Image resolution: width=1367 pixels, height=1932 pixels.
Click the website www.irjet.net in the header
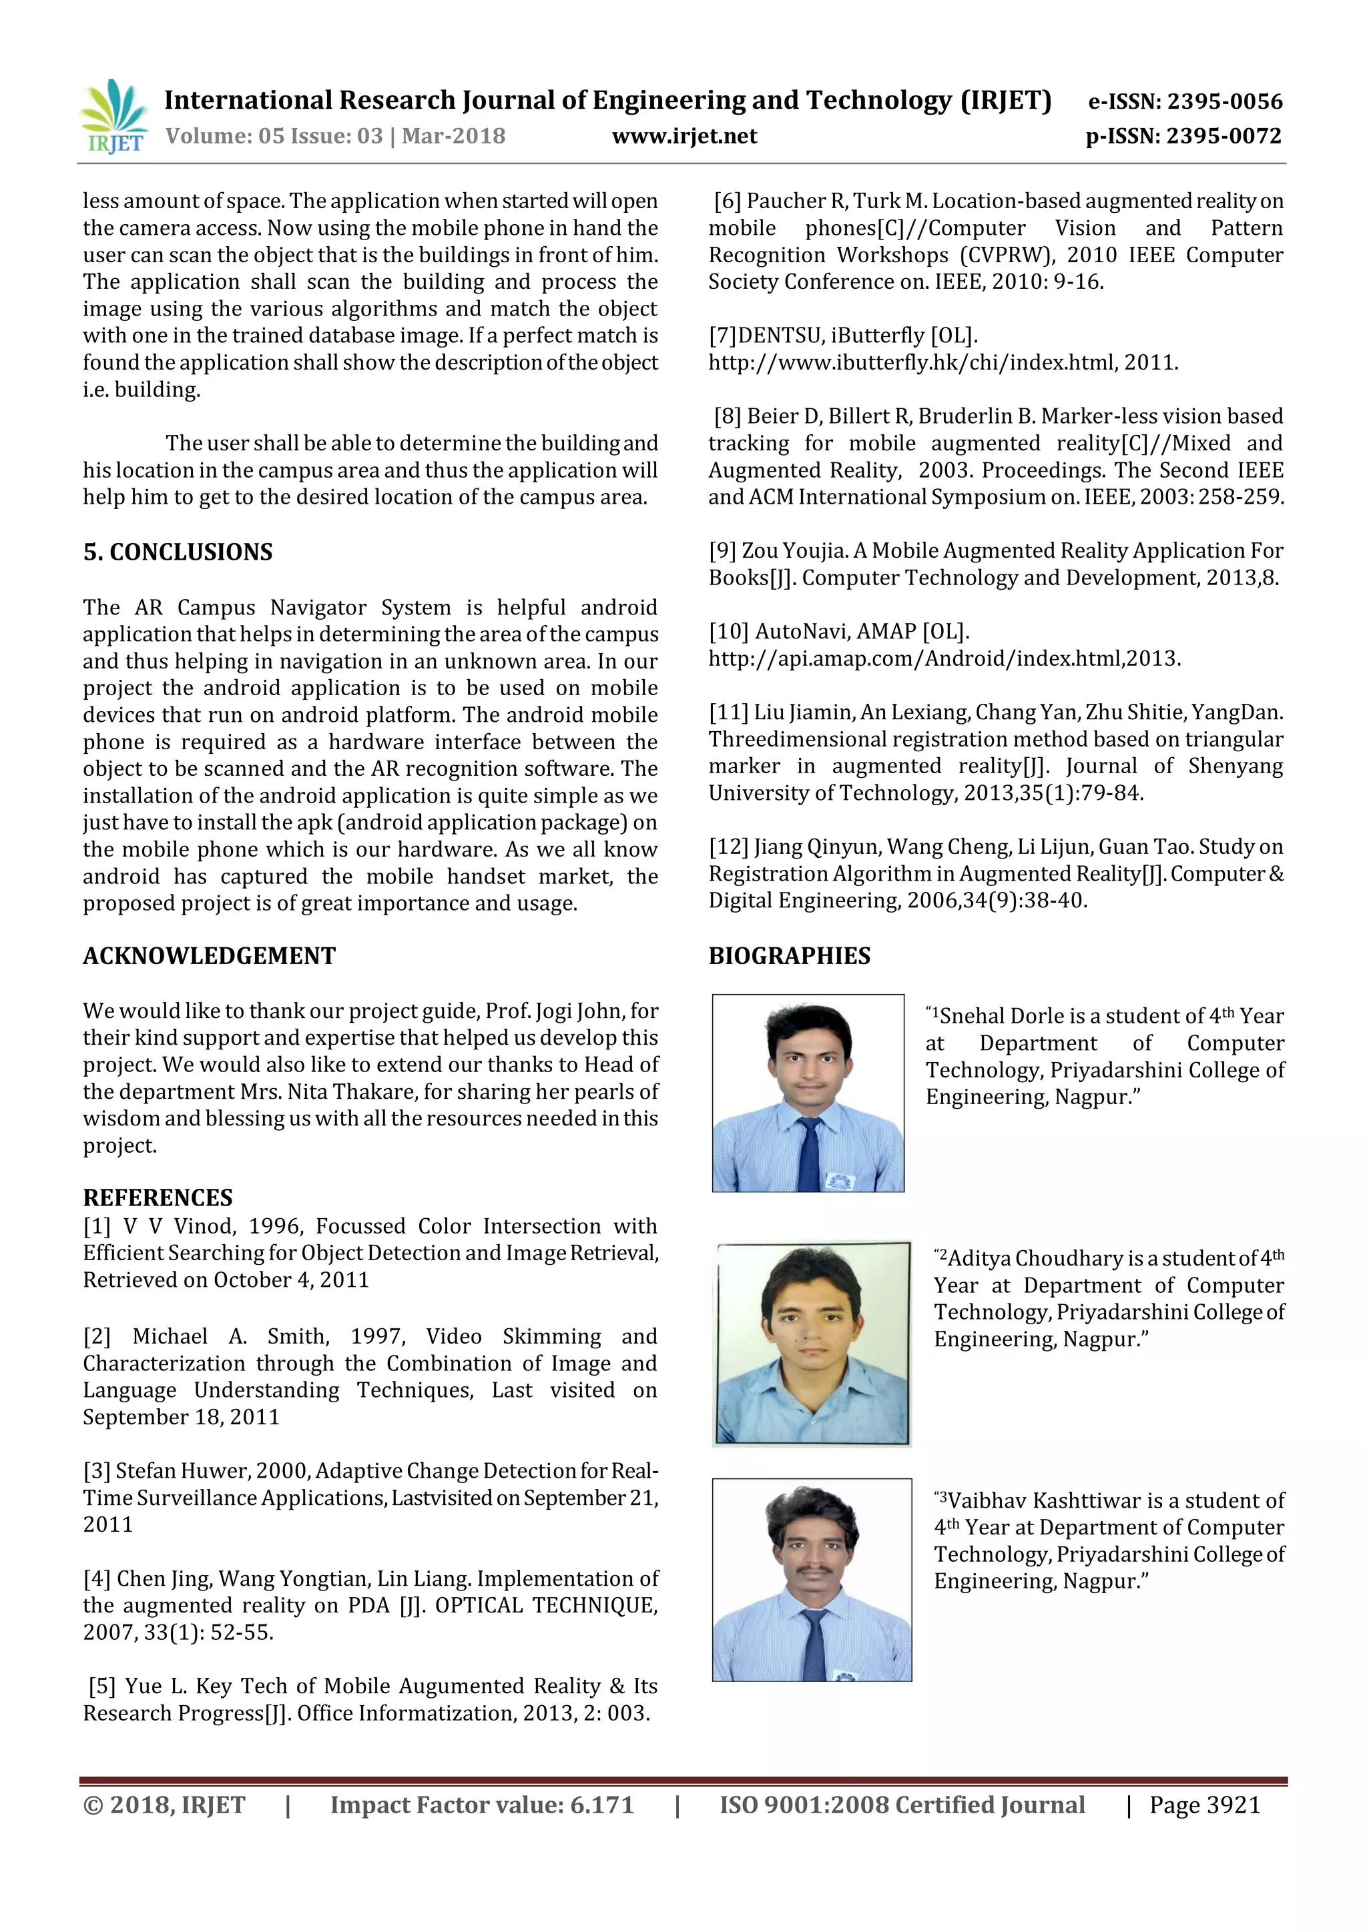[x=683, y=136]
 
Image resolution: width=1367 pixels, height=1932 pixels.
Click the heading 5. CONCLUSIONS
[x=178, y=552]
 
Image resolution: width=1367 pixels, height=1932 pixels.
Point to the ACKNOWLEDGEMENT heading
[x=209, y=956]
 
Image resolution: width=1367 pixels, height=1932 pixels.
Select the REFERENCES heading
[x=158, y=1197]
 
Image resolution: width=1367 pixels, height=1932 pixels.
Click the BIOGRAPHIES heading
[x=789, y=956]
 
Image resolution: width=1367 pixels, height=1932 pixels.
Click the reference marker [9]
[x=722, y=551]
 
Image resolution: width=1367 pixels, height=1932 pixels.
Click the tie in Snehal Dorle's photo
[x=809, y=1152]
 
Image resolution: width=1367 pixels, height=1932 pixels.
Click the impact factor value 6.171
[x=601, y=1805]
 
